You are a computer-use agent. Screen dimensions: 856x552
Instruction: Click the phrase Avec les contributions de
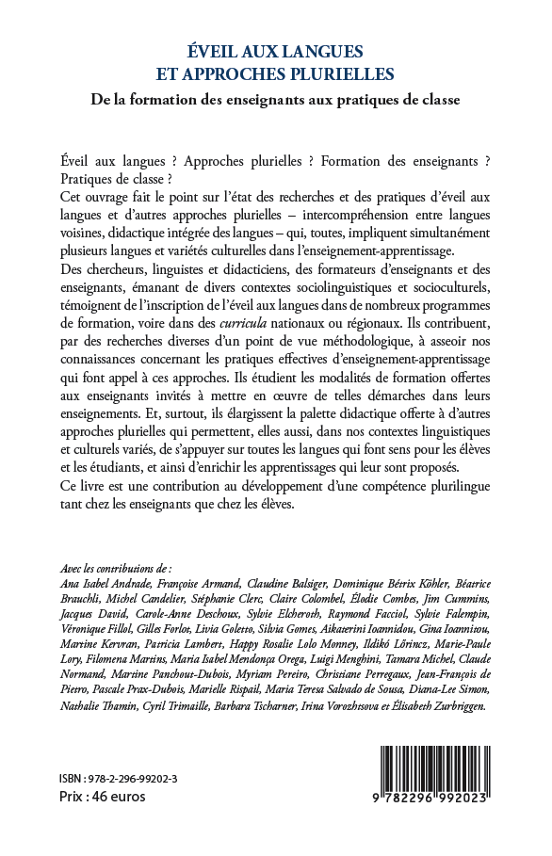(115, 568)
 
